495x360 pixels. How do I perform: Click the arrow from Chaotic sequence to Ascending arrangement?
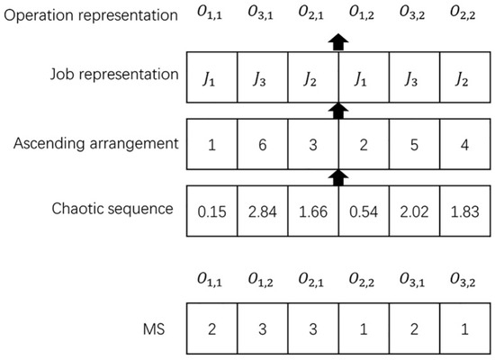(x=338, y=175)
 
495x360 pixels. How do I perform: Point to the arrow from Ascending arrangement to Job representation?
(x=338, y=109)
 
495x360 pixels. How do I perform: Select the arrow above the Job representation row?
(x=338, y=41)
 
